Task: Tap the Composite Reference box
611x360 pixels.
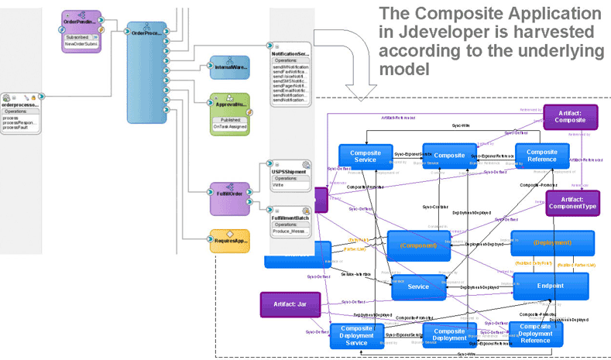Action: (536, 156)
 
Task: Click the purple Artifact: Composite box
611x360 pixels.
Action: (570, 117)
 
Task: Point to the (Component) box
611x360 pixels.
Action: (418, 245)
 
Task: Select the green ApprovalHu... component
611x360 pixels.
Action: (229, 114)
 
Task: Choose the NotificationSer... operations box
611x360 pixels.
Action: (292, 74)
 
